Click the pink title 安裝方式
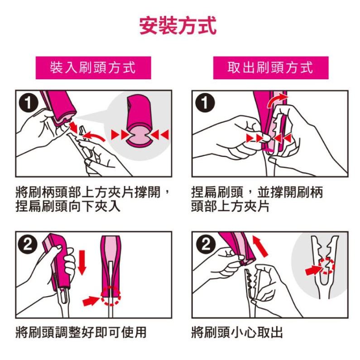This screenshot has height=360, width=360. [178, 25]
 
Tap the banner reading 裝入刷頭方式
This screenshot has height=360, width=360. [93, 68]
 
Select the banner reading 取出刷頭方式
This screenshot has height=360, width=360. [271, 68]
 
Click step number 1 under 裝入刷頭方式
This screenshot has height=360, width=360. [28, 103]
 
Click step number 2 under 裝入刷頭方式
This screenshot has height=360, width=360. [28, 245]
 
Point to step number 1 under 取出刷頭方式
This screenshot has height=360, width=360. [205, 103]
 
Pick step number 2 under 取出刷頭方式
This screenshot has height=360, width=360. [206, 245]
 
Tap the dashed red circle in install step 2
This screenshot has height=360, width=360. [110, 296]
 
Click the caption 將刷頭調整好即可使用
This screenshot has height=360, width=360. [81, 332]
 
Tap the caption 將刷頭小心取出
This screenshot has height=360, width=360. [237, 332]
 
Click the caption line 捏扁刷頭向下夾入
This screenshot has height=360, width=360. [68, 206]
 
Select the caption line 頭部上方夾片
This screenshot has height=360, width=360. [230, 206]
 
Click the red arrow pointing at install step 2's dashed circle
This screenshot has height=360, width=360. [91, 301]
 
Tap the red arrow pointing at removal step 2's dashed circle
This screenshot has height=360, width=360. [313, 270]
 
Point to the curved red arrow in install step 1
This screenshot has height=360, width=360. [94, 137]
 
